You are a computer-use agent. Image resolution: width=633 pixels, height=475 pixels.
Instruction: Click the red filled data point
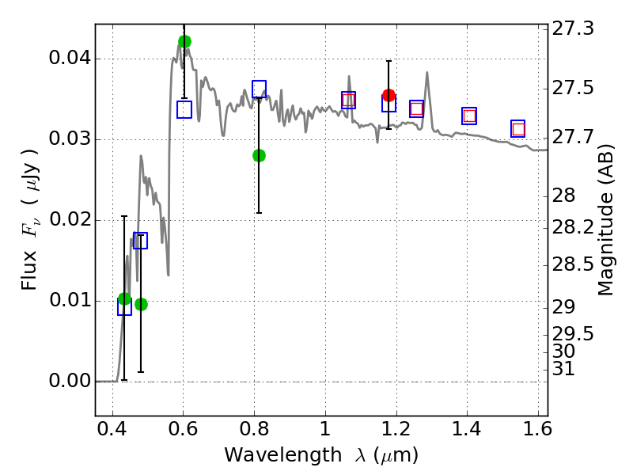point(389,95)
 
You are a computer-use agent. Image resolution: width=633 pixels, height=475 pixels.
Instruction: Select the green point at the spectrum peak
point(184,41)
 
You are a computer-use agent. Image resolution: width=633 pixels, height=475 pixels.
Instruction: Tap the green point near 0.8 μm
point(259,155)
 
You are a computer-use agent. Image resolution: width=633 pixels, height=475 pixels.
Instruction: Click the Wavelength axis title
point(320,456)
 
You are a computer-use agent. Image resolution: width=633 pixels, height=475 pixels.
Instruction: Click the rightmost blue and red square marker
point(518,129)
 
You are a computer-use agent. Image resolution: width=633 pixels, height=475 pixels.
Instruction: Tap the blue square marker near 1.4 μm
point(469,116)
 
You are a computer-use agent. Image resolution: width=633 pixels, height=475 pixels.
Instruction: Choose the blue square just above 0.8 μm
point(259,89)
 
